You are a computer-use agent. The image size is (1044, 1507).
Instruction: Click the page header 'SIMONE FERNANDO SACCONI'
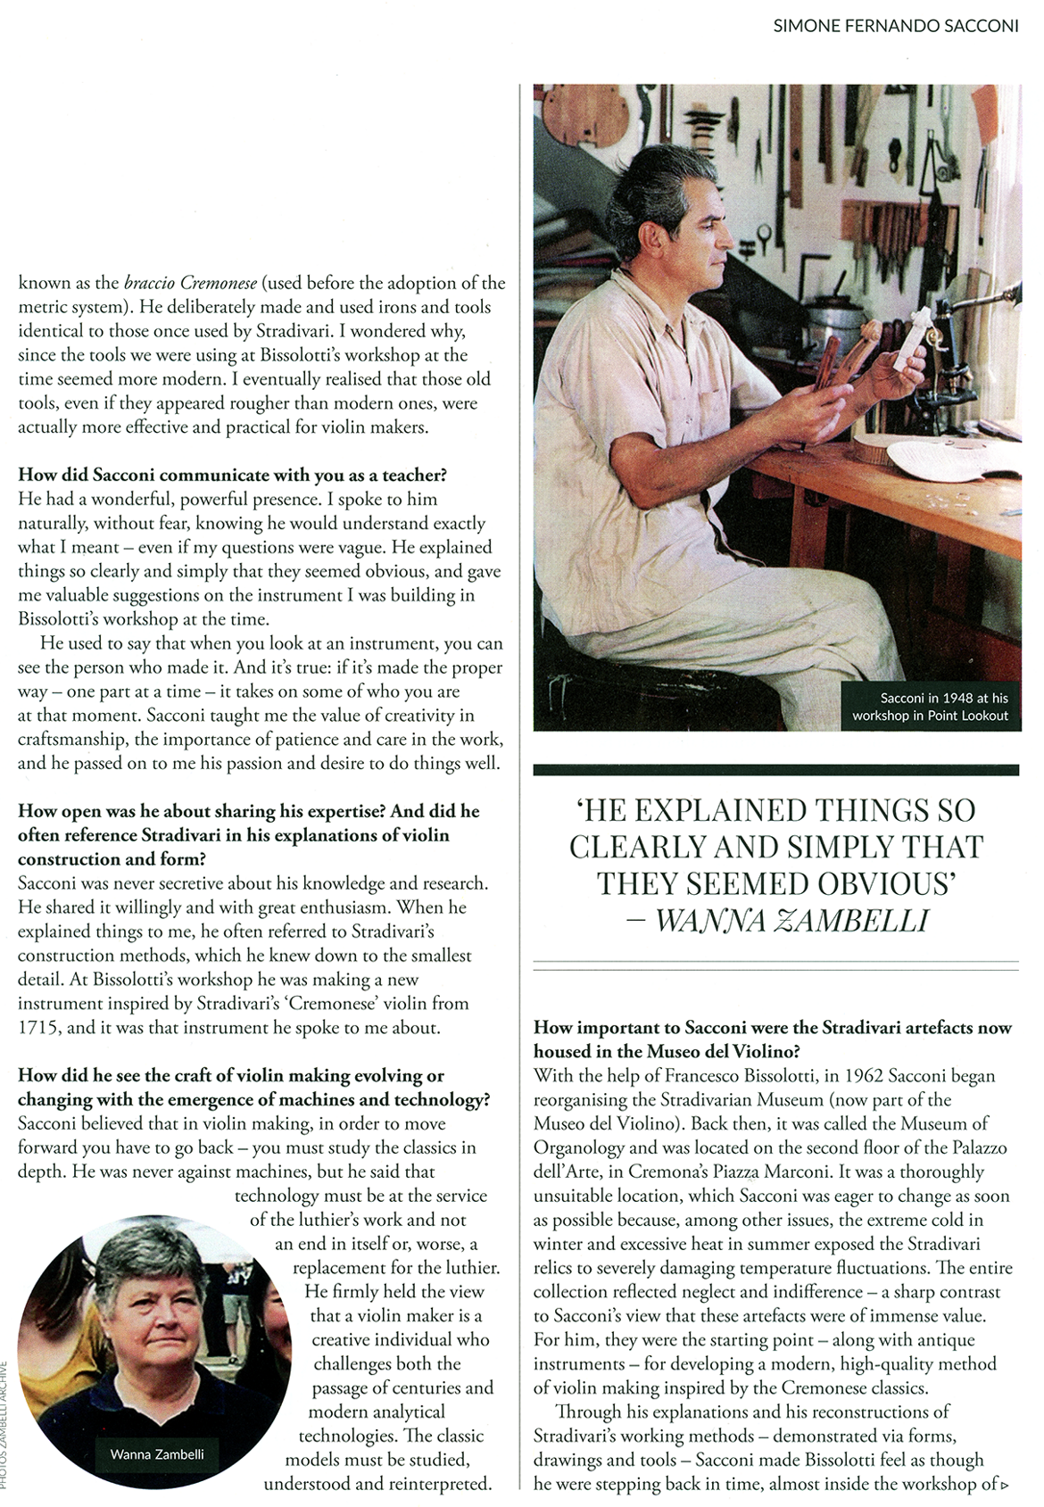pyautogui.click(x=895, y=26)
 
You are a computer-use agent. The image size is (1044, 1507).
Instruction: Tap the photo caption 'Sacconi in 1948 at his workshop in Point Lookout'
pyautogui.click(x=930, y=707)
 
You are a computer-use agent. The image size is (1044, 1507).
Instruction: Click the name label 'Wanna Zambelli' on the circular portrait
pyautogui.click(x=157, y=1454)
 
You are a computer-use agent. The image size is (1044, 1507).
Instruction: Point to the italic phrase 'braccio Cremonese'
pyautogui.click(x=190, y=283)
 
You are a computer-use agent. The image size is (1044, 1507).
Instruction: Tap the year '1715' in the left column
pyautogui.click(x=39, y=1027)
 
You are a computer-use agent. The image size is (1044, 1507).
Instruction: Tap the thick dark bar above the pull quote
pyautogui.click(x=775, y=769)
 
